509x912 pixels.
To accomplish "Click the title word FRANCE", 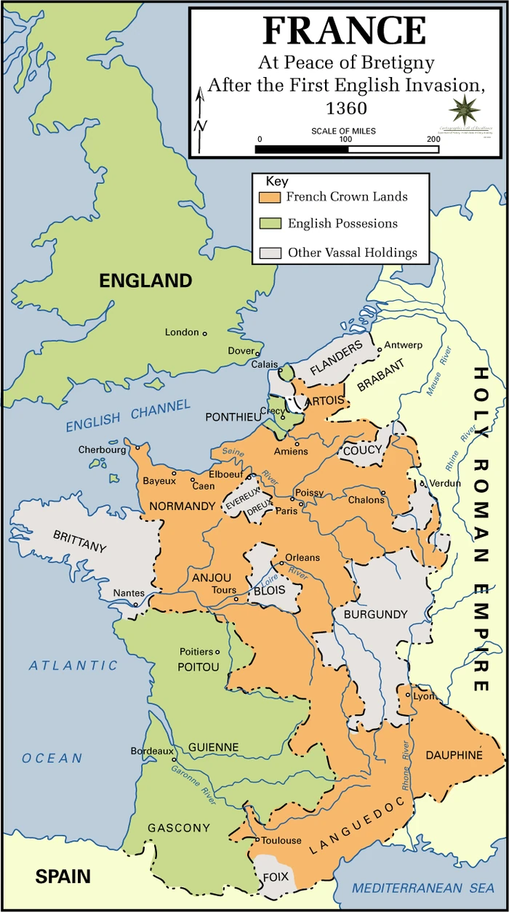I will pyautogui.click(x=344, y=31).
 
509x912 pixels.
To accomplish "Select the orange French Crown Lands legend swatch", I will pyautogui.click(x=270, y=197).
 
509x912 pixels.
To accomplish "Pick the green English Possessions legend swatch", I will pyautogui.click(x=270, y=225).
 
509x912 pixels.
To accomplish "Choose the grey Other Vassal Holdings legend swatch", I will pyautogui.click(x=270, y=253).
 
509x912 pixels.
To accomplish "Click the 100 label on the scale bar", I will pyautogui.click(x=346, y=139).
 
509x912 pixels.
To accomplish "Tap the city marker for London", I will pyautogui.click(x=205, y=334).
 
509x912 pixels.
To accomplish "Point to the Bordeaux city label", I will pyautogui.click(x=152, y=751).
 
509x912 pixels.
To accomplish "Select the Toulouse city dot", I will pyautogui.click(x=256, y=840).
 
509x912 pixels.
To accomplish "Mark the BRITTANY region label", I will pyautogui.click(x=80, y=541).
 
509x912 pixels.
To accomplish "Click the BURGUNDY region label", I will pyautogui.click(x=376, y=615).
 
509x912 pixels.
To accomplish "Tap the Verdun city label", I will pyautogui.click(x=445, y=483).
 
